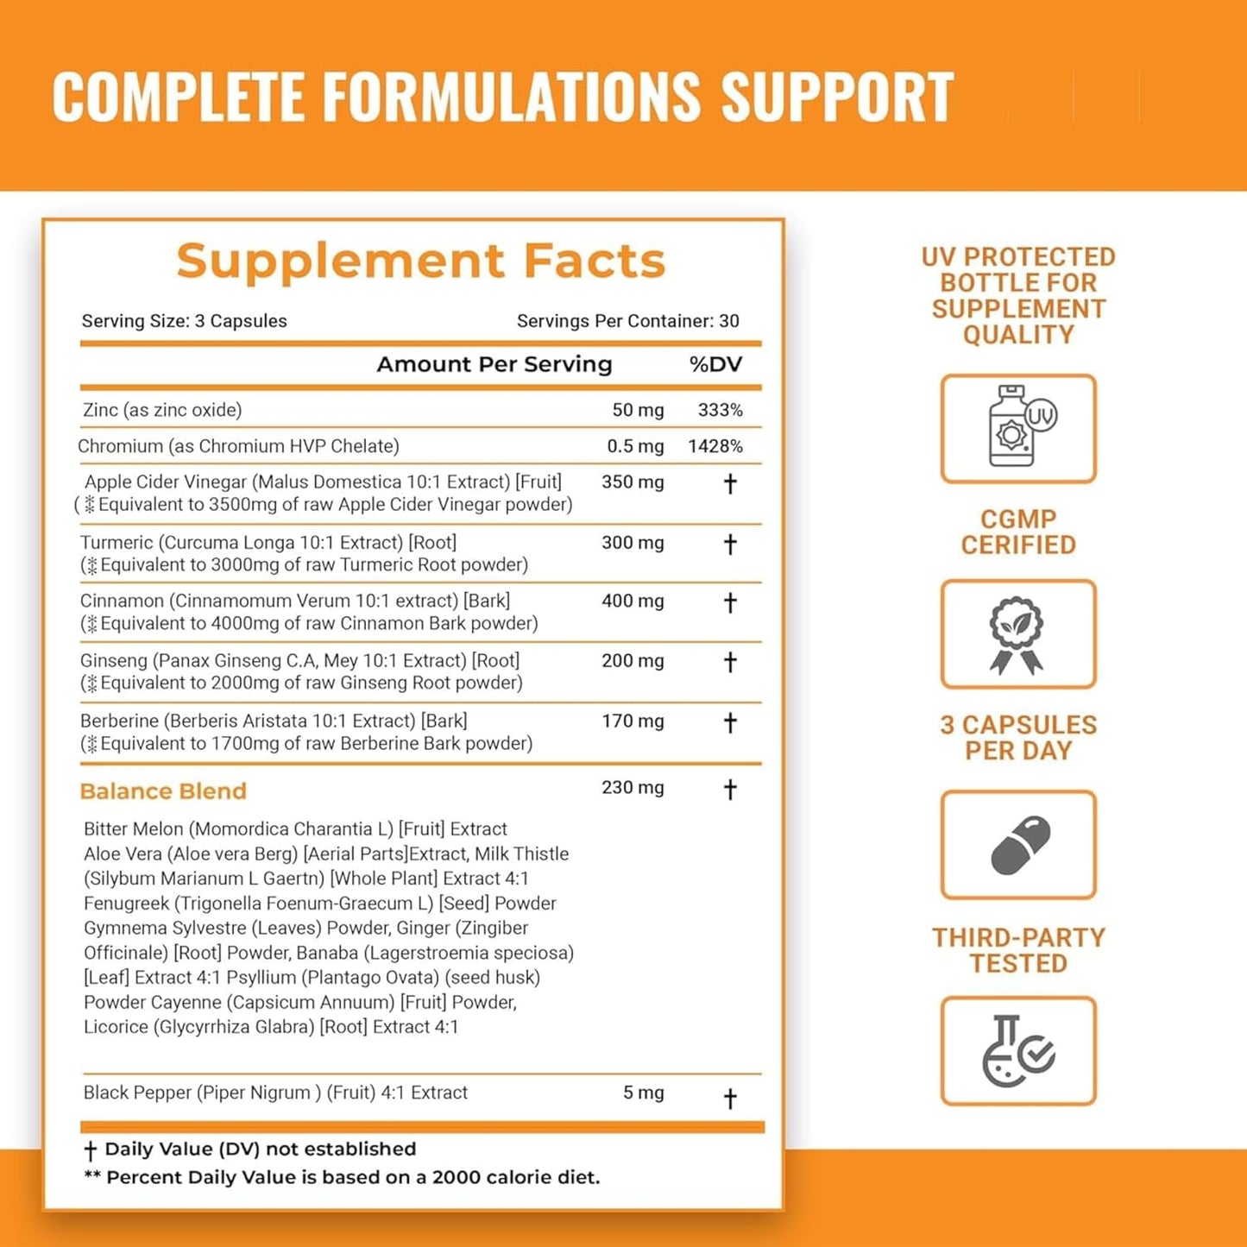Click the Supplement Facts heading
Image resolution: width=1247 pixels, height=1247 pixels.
tap(421, 261)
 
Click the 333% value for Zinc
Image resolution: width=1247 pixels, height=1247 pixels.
tap(720, 410)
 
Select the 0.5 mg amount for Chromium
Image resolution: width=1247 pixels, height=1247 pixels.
tap(635, 446)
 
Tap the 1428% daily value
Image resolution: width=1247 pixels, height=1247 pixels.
tap(715, 446)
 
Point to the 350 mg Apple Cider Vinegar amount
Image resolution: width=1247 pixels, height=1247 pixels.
tap(633, 482)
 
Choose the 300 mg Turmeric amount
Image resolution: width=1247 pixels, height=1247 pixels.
tap(633, 543)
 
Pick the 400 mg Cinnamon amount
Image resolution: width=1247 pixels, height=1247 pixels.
tap(633, 601)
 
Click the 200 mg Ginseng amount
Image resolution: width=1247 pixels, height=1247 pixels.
tap(633, 661)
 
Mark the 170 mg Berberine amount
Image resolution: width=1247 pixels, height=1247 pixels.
tap(633, 721)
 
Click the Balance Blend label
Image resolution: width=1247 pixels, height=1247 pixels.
tap(163, 791)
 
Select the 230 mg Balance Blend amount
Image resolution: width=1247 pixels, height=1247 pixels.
tap(633, 787)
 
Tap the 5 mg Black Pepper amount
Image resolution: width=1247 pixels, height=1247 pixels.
tap(643, 1093)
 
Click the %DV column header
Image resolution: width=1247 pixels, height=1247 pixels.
tap(715, 364)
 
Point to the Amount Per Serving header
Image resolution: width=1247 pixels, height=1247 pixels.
tap(494, 364)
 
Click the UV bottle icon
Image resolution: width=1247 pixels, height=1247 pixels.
tap(1018, 428)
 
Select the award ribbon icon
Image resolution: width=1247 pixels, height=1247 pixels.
tap(1018, 634)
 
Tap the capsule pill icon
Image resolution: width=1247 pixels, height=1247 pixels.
tap(1018, 845)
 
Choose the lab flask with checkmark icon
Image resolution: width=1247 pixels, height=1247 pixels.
tap(1018, 1051)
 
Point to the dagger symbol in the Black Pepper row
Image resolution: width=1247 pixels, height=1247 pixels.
tap(730, 1099)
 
